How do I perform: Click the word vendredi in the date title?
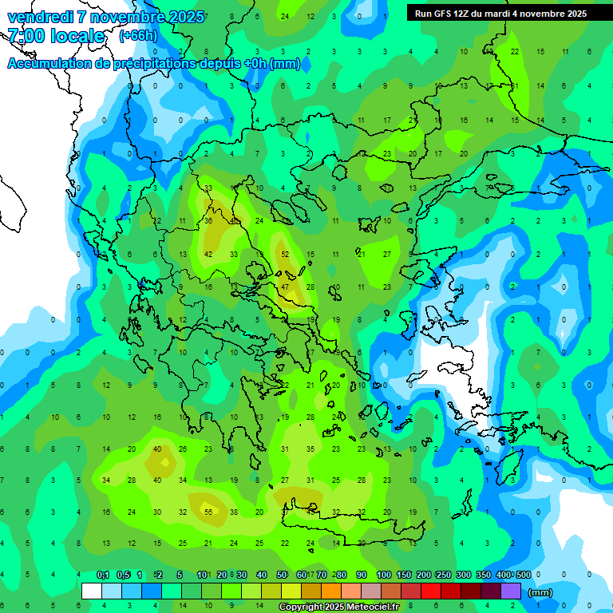click(x=40, y=17)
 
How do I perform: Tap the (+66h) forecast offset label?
click(x=137, y=36)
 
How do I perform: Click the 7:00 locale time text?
click(x=56, y=36)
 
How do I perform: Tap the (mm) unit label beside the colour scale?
click(x=540, y=593)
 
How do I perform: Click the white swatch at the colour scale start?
click(x=92, y=591)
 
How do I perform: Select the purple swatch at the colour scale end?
click(x=511, y=591)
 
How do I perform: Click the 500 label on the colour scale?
click(x=523, y=575)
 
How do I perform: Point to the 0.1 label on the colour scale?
click(x=103, y=575)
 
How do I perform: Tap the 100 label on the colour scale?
click(x=384, y=575)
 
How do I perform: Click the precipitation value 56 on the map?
click(x=208, y=512)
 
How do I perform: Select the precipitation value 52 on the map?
click(x=285, y=254)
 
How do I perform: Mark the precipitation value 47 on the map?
click(x=285, y=287)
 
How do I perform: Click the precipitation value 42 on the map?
click(x=208, y=254)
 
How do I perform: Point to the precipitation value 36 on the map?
click(x=208, y=220)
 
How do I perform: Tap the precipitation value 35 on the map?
click(x=310, y=449)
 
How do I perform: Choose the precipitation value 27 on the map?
click(x=387, y=254)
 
